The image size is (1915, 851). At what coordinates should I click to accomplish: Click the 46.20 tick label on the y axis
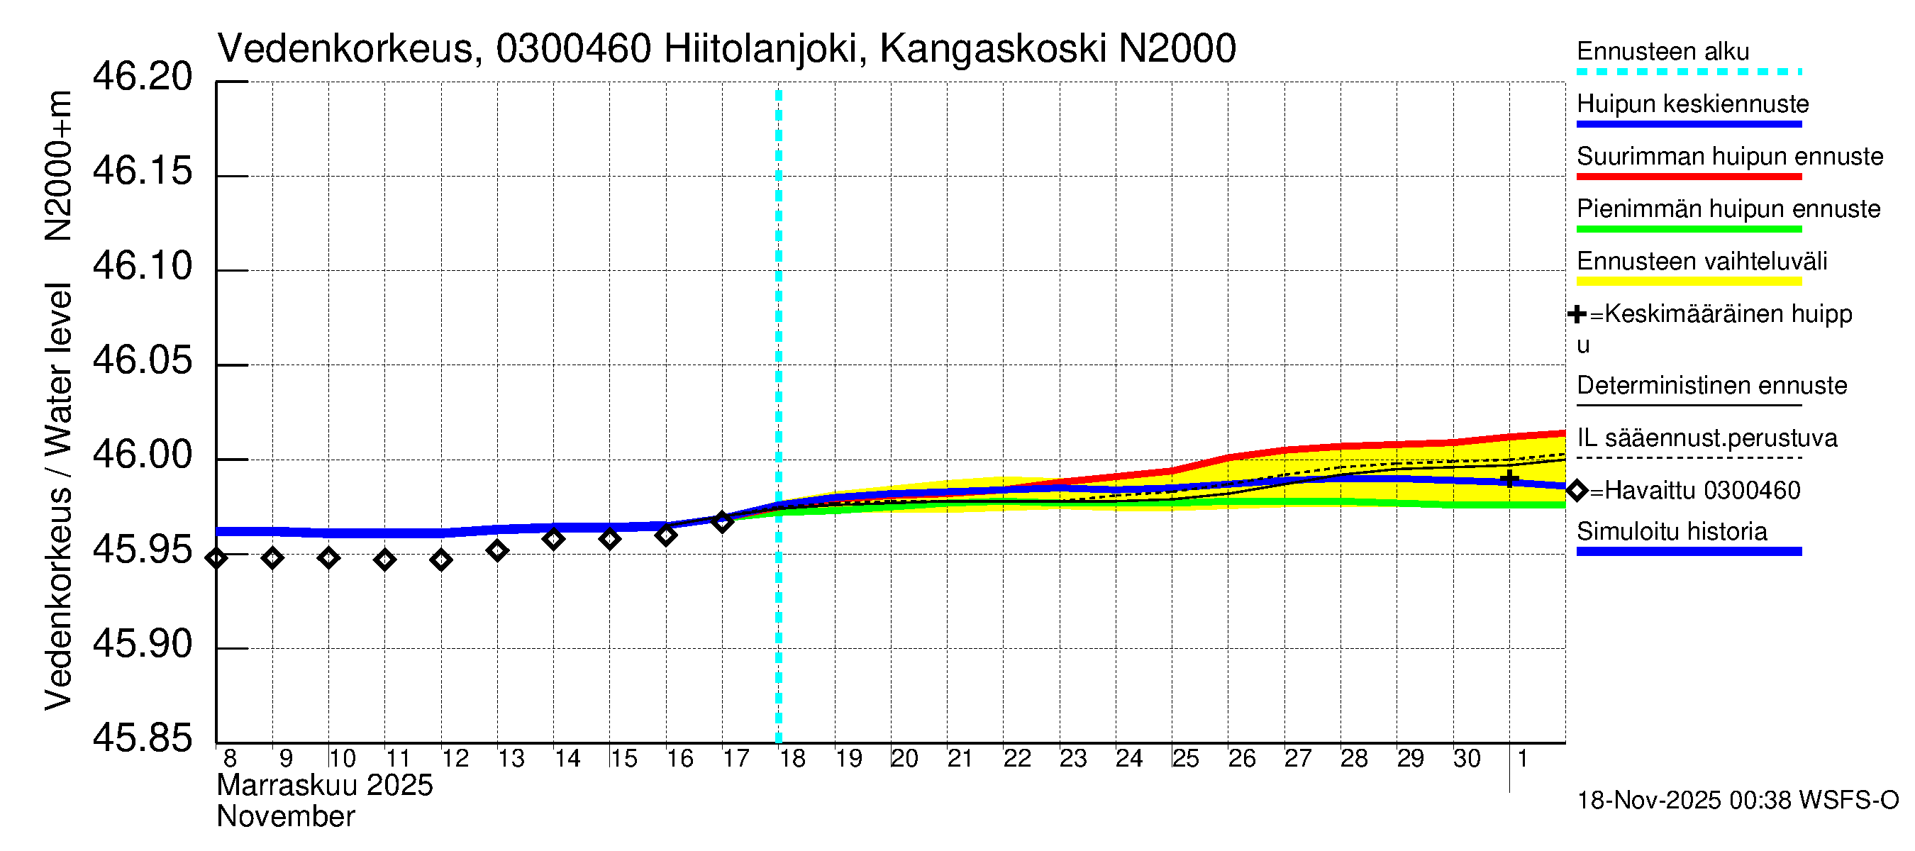pyautogui.click(x=142, y=77)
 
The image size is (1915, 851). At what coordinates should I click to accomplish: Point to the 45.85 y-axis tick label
pyautogui.click(x=142, y=738)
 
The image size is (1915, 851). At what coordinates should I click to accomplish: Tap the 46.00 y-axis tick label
pyautogui.click(x=142, y=455)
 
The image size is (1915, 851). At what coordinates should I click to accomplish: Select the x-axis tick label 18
pyautogui.click(x=792, y=759)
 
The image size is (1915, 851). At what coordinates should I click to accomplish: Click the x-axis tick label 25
pyautogui.click(x=1186, y=759)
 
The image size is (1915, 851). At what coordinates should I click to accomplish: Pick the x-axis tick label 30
pyautogui.click(x=1467, y=759)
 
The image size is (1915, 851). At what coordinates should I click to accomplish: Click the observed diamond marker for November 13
pyautogui.click(x=497, y=551)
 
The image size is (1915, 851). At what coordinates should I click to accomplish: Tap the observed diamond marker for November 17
pyautogui.click(x=722, y=522)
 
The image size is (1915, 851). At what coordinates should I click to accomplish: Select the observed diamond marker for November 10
pyautogui.click(x=328, y=557)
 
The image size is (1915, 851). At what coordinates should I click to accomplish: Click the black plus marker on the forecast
pyautogui.click(x=1509, y=479)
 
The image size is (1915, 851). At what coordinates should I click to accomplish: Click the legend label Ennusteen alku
pyautogui.click(x=1663, y=52)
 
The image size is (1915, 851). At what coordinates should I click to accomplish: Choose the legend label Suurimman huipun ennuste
pyautogui.click(x=1729, y=157)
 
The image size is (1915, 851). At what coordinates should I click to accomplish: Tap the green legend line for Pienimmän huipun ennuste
pyautogui.click(x=1688, y=230)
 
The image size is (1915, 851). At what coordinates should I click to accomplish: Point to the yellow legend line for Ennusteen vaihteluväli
pyautogui.click(x=1688, y=282)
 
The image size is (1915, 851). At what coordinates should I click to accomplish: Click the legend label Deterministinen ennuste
pyautogui.click(x=1711, y=386)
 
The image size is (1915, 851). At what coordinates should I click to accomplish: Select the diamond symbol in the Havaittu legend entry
pyautogui.click(x=1577, y=491)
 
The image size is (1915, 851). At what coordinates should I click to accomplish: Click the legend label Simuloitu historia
pyautogui.click(x=1671, y=531)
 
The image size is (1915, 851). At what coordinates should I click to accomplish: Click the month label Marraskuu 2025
pyautogui.click(x=325, y=786)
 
